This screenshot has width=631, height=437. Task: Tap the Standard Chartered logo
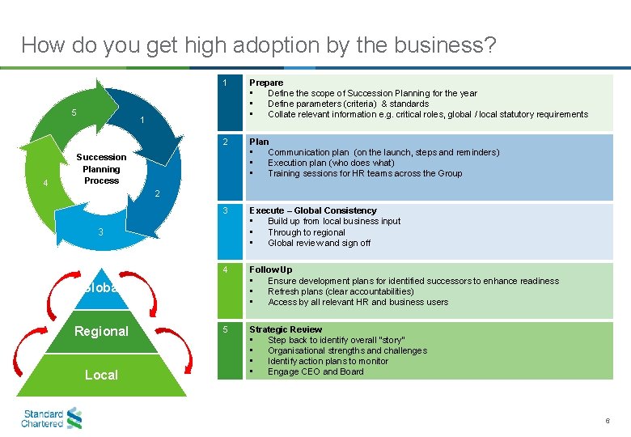tap(52, 418)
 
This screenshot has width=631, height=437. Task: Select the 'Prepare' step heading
tap(266, 83)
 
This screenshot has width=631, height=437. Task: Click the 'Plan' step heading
tap(259, 142)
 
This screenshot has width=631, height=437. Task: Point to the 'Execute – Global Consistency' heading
tap(312, 210)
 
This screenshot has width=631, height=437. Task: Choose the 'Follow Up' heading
tap(271, 269)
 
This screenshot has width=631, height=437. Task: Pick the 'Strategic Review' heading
tap(285, 329)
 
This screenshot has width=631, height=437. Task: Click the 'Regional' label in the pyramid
tap(101, 331)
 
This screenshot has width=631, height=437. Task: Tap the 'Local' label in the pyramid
tap(101, 375)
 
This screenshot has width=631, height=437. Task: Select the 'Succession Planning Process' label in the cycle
tap(101, 168)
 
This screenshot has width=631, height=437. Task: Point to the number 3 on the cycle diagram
tap(100, 232)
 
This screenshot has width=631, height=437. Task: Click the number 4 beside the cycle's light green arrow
tap(45, 183)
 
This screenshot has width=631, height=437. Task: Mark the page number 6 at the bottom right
tap(608, 422)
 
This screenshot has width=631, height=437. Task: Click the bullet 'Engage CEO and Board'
tap(315, 371)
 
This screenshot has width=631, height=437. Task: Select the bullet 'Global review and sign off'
tap(319, 243)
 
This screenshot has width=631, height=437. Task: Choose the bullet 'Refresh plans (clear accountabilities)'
tap(341, 291)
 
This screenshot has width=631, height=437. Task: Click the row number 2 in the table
tap(226, 142)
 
